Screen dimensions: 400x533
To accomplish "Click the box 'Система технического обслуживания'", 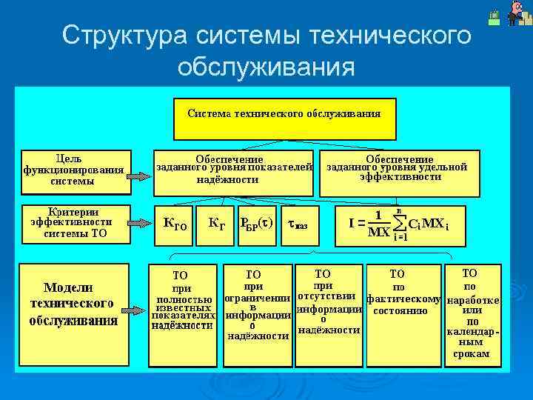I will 284,119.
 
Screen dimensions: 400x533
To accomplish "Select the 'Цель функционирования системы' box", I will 74,170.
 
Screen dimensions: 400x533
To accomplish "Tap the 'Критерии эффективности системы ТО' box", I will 74,222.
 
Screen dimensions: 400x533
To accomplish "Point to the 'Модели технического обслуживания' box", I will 74,304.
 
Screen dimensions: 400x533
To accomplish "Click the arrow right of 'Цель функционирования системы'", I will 138,176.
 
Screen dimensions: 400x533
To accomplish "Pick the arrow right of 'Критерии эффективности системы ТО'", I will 138,223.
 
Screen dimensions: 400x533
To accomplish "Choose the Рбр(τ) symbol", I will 256,223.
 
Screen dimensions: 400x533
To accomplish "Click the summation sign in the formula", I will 400,222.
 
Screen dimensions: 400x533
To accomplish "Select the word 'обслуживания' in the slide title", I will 266,67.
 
